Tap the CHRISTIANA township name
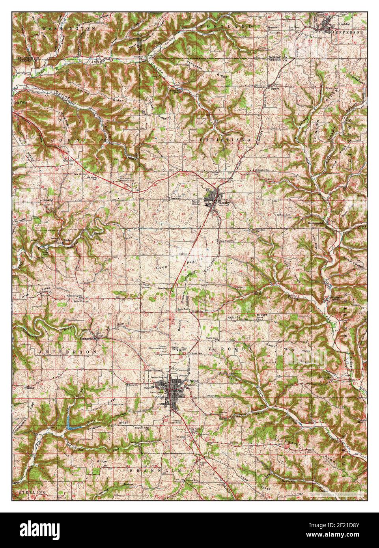pos(225,140)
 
